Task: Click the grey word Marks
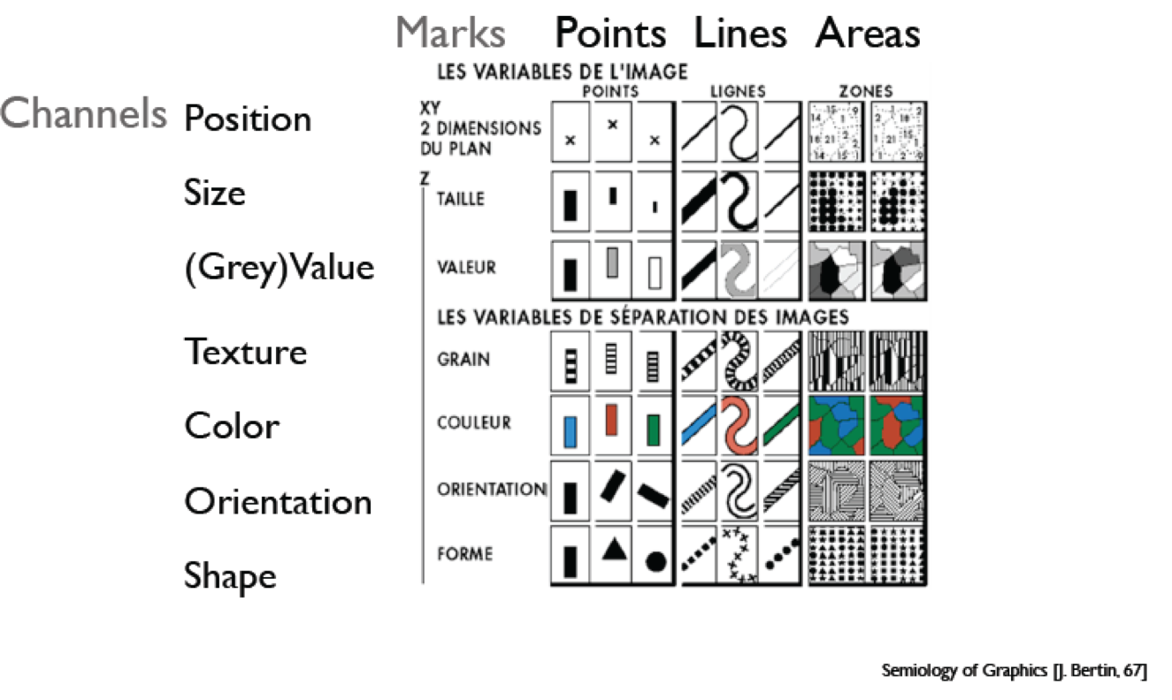tap(450, 33)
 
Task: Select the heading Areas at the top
tap(868, 34)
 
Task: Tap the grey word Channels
tap(84, 113)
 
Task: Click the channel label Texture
tap(246, 352)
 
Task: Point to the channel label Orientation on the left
tap(278, 502)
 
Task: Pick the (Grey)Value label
tap(279, 267)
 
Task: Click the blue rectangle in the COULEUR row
tap(571, 430)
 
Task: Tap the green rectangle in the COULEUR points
tap(654, 430)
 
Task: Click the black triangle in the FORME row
tap(613, 550)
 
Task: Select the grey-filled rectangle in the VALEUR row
tap(612, 262)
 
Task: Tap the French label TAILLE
tap(461, 199)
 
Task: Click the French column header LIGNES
tap(738, 90)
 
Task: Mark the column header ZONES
tap(867, 90)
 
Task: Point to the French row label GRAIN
tap(463, 360)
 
